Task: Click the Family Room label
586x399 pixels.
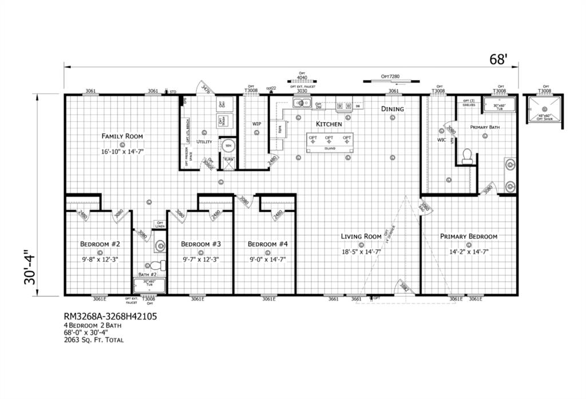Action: pos(122,136)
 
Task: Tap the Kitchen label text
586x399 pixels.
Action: pos(329,124)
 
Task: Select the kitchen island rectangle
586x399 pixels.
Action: pos(329,143)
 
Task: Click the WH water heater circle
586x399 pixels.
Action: pos(228,145)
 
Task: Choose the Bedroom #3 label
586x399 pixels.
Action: pos(201,244)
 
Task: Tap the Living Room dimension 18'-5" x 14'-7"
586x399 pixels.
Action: pos(361,251)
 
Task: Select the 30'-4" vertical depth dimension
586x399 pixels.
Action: pos(31,267)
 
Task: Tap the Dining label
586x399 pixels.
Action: pos(393,109)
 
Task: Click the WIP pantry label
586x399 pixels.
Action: pos(257,123)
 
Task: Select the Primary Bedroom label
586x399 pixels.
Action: pos(468,236)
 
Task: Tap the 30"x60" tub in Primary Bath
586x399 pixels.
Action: pos(500,104)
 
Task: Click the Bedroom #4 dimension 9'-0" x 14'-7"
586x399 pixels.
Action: pos(267,259)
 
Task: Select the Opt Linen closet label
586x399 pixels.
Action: pos(160,225)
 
